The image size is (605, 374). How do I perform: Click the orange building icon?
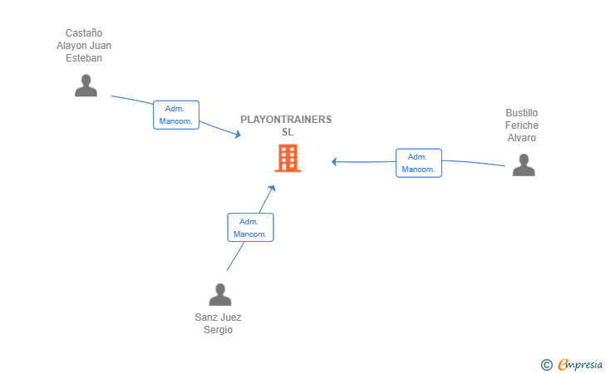[x=288, y=158]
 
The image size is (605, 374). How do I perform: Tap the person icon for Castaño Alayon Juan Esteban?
[x=86, y=86]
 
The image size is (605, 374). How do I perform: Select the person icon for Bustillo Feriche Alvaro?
[x=524, y=165]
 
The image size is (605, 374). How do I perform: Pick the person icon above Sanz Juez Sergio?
[x=220, y=294]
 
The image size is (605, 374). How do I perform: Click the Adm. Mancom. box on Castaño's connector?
[x=176, y=115]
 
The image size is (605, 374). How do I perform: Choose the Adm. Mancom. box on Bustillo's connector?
[x=419, y=163]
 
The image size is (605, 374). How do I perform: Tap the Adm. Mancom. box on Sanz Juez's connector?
[x=250, y=228]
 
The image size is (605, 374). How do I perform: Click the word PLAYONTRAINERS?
[x=286, y=120]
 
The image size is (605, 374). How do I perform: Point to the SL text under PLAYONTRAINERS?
[x=288, y=132]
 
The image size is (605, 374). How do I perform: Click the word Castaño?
[x=84, y=33]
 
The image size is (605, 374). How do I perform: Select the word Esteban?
[x=84, y=58]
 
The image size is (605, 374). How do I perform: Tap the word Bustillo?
[x=522, y=113]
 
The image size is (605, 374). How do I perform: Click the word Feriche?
[x=522, y=125]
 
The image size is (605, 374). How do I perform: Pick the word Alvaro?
[x=522, y=138]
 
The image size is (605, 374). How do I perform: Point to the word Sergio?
[x=218, y=330]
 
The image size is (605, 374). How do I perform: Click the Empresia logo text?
[x=580, y=365]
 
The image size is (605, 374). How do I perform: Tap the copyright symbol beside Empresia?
[x=547, y=365]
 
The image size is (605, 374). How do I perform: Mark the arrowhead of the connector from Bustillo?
[x=334, y=162]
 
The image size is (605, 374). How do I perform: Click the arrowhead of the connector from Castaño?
[x=238, y=134]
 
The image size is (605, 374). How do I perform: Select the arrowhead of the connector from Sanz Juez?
[x=272, y=188]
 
